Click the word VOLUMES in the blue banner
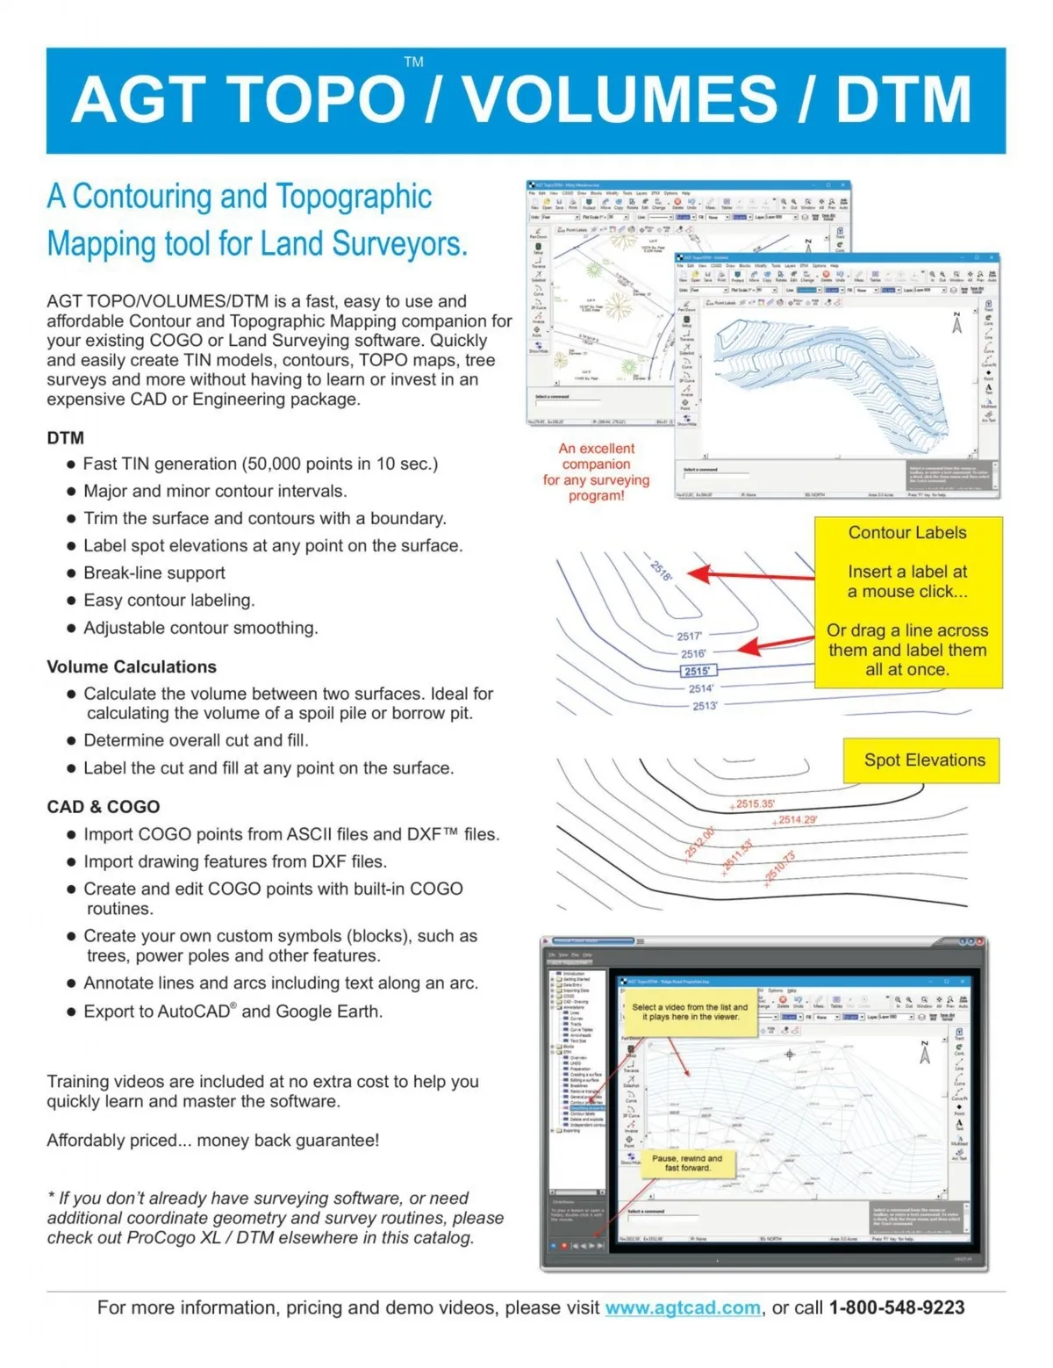(620, 99)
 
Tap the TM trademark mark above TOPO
(413, 62)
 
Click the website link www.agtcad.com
(683, 1307)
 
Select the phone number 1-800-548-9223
(896, 1307)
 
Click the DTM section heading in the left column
(66, 437)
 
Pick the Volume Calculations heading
(132, 666)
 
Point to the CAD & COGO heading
(104, 806)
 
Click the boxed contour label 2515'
(698, 671)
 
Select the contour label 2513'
(705, 705)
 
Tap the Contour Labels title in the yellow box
(907, 532)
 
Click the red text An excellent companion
(596, 456)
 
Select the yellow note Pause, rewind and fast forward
(687, 1163)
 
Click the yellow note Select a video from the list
(690, 1012)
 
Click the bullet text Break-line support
(154, 572)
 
